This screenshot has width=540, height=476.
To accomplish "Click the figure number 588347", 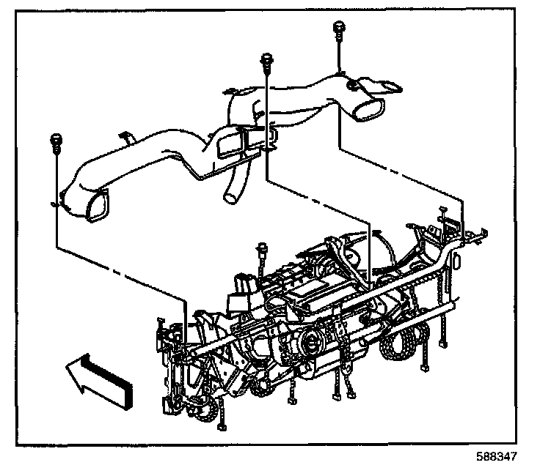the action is (497, 457).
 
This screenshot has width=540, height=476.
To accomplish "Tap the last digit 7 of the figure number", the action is (514, 457).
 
